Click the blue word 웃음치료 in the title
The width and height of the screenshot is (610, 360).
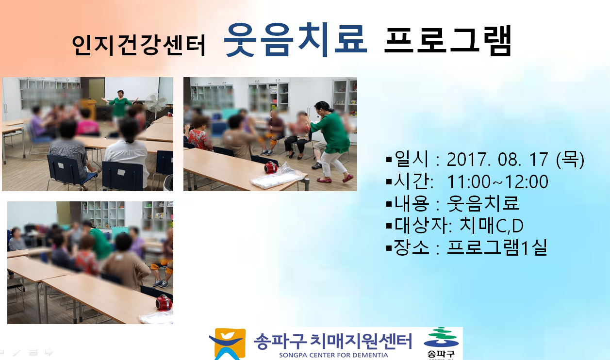pyautogui.click(x=295, y=40)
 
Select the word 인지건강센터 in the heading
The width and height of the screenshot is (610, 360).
pyautogui.click(x=139, y=46)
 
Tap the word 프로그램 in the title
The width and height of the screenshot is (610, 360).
pyautogui.click(x=448, y=41)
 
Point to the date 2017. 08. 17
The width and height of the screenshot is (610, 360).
pyautogui.click(x=497, y=160)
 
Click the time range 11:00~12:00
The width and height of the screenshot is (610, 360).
pyautogui.click(x=497, y=181)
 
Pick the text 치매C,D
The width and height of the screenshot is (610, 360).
pyautogui.click(x=491, y=226)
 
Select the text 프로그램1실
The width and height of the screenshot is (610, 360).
pyautogui.click(x=497, y=247)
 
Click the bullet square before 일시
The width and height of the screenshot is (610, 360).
pyautogui.click(x=389, y=159)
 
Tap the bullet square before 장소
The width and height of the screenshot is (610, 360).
pyautogui.click(x=389, y=248)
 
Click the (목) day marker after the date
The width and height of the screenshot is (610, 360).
pyautogui.click(x=570, y=160)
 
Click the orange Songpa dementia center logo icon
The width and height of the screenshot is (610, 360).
pyautogui.click(x=228, y=344)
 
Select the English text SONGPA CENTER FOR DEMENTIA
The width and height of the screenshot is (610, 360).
pyautogui.click(x=333, y=355)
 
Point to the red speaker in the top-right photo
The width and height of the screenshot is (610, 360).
pyautogui.click(x=271, y=167)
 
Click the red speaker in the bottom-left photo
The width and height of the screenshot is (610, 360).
pyautogui.click(x=164, y=303)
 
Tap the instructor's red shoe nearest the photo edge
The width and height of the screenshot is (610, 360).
pyautogui.click(x=348, y=178)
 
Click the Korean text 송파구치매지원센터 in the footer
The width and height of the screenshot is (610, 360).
pyautogui.click(x=333, y=341)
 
